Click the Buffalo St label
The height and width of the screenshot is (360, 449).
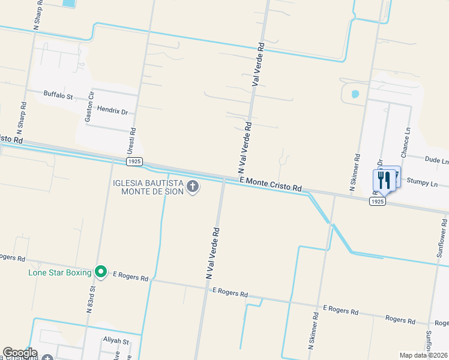[58, 95]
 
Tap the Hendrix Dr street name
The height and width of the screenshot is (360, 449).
[113, 112]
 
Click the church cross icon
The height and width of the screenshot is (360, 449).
[193, 187]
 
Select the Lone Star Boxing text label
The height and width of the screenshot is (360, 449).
[60, 273]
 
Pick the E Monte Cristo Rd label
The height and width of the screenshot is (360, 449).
[270, 184]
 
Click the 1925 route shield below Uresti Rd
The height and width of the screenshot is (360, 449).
[134, 162]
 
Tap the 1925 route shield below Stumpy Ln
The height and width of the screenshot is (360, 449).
[377, 202]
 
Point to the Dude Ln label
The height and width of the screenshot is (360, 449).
[436, 161]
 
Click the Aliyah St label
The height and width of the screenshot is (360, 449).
[116, 341]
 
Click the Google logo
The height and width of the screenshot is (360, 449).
[20, 353]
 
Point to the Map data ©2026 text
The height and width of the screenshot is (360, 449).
[424, 355]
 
